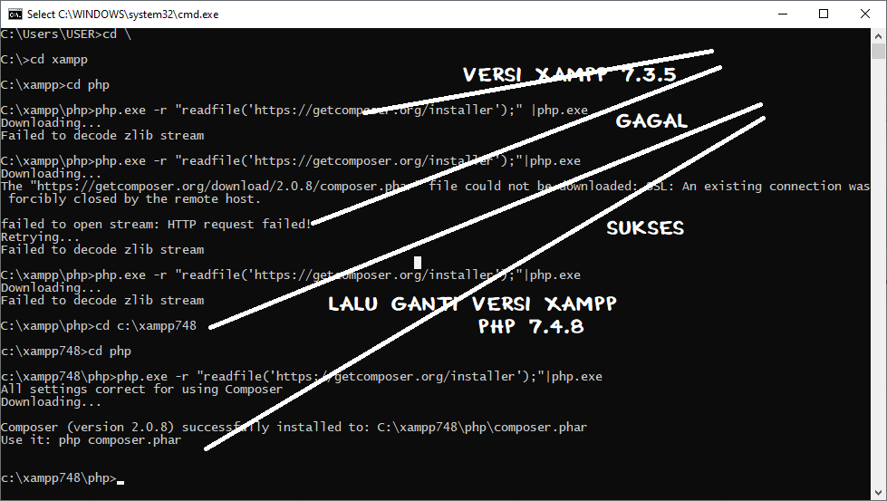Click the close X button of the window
tap(864, 14)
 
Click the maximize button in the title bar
tap(823, 14)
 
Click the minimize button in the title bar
tap(781, 14)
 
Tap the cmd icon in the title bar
tap(14, 14)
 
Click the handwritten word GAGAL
tap(651, 121)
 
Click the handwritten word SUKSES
tap(645, 228)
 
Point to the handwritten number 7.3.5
tap(649, 75)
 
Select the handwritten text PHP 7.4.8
tap(531, 327)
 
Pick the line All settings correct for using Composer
tap(141, 389)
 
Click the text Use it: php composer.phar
tap(91, 439)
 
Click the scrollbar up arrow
tap(879, 34)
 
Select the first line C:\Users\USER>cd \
tap(66, 34)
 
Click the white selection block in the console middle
tap(418, 263)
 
